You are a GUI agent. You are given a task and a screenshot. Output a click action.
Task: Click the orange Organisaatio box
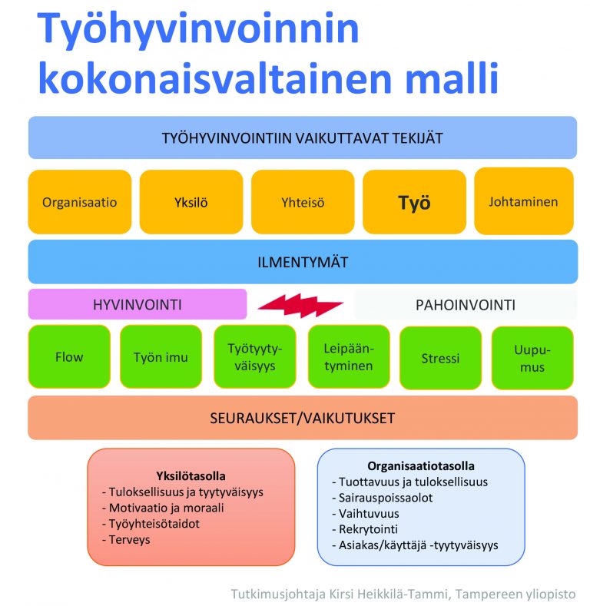pyautogui.click(x=80, y=202)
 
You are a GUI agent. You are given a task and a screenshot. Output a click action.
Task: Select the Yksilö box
pyautogui.click(x=191, y=202)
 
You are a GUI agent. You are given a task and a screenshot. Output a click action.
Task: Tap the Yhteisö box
pyautogui.click(x=303, y=202)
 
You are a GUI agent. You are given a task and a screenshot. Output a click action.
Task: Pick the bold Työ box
pyautogui.click(x=414, y=202)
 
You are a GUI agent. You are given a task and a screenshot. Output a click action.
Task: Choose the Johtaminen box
pyautogui.click(x=523, y=201)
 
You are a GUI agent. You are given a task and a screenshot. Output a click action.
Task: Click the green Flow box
pyautogui.click(x=69, y=356)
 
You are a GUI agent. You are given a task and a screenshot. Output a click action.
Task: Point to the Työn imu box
pyautogui.click(x=161, y=356)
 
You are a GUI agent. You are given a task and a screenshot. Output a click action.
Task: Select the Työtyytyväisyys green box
pyautogui.click(x=255, y=356)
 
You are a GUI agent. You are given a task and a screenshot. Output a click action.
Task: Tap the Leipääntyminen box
pyautogui.click(x=349, y=356)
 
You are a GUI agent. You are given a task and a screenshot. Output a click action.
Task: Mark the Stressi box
pyautogui.click(x=440, y=358)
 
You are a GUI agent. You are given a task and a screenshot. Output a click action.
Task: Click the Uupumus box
pyautogui.click(x=532, y=358)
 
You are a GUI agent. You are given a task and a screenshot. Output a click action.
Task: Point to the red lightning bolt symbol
pyautogui.click(x=300, y=306)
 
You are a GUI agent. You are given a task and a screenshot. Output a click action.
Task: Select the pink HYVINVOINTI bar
pyautogui.click(x=138, y=304)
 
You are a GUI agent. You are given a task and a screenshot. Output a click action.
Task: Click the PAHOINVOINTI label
pyautogui.click(x=466, y=305)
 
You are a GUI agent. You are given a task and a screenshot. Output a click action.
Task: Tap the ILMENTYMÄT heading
pyautogui.click(x=303, y=263)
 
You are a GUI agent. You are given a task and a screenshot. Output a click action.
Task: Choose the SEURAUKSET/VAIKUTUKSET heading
pyautogui.click(x=303, y=418)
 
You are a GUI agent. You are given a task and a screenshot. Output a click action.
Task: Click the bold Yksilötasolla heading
pyautogui.click(x=191, y=475)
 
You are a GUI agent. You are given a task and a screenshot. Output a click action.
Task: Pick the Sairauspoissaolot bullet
pyautogui.click(x=382, y=498)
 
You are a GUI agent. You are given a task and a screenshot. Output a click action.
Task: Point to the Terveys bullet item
pyautogui.click(x=126, y=539)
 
